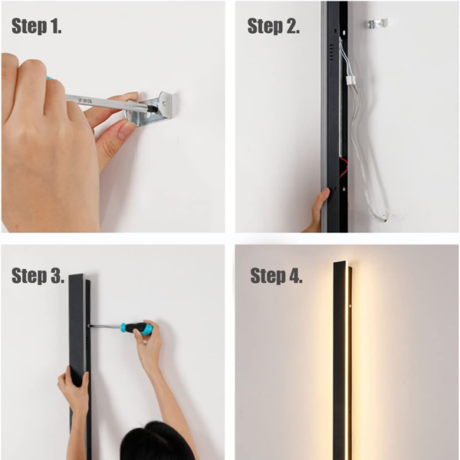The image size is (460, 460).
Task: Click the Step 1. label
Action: pos(36,26)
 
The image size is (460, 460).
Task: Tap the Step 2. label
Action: pos(274,26)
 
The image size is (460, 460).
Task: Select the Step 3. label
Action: pos(38,275)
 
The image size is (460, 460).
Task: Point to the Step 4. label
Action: pos(276,275)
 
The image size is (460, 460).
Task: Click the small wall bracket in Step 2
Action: pos(378,24)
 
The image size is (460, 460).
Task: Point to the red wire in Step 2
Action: pos(343,168)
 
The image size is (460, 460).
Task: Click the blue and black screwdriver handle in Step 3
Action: pos(137,328)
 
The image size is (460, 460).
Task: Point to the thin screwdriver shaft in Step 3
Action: pos(105,326)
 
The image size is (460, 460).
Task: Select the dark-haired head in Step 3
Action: pos(156,442)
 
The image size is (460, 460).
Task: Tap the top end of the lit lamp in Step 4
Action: pos(342,263)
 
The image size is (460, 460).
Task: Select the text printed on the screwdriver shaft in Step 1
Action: pos(85,100)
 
